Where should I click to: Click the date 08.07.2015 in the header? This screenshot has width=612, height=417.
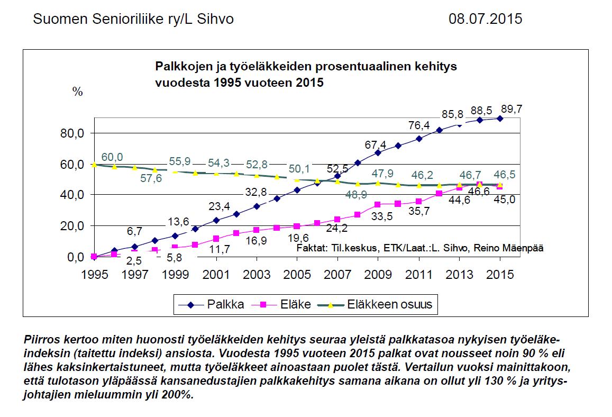(x=485, y=19)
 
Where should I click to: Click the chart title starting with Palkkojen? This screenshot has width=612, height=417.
(x=305, y=75)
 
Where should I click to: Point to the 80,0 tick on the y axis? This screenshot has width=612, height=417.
(x=73, y=133)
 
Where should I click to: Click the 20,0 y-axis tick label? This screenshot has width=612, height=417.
(x=73, y=226)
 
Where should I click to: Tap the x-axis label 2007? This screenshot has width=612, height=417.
(x=337, y=275)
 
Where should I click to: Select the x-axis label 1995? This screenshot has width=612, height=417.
(x=94, y=275)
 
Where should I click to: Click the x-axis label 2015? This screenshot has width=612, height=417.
(x=500, y=275)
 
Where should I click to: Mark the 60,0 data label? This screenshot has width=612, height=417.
(x=112, y=157)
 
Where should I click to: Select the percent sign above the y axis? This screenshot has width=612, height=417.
(x=78, y=92)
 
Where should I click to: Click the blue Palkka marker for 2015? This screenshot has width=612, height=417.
(x=500, y=119)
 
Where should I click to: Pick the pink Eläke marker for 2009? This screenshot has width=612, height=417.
(x=378, y=204)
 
